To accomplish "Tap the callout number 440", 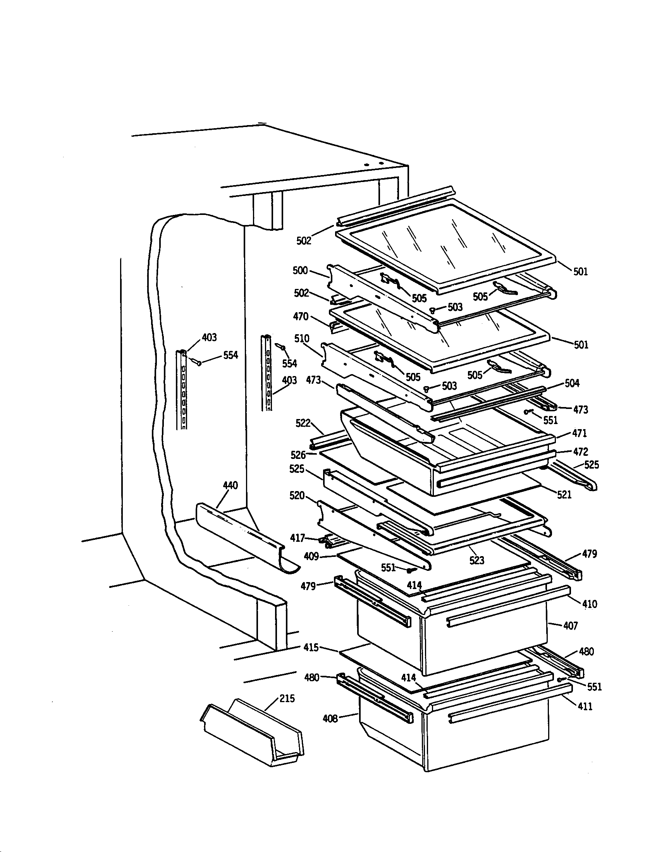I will (230, 486).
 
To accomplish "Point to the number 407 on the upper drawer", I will (570, 626).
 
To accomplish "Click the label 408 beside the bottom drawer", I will (330, 718).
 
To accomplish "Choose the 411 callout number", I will (585, 706).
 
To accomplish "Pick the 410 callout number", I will (590, 604).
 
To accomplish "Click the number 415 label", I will (311, 648).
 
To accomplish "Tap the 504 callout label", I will (572, 383).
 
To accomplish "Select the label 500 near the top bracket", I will (300, 270).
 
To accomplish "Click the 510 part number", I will (302, 338).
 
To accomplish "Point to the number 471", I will (580, 433).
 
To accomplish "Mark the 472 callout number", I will (581, 452).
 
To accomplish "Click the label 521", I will (564, 495).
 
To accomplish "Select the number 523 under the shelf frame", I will (476, 561).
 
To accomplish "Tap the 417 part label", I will (297, 538).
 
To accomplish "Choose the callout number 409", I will (311, 556).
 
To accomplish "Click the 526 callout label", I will (298, 455).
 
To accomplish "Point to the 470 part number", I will (301, 316).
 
